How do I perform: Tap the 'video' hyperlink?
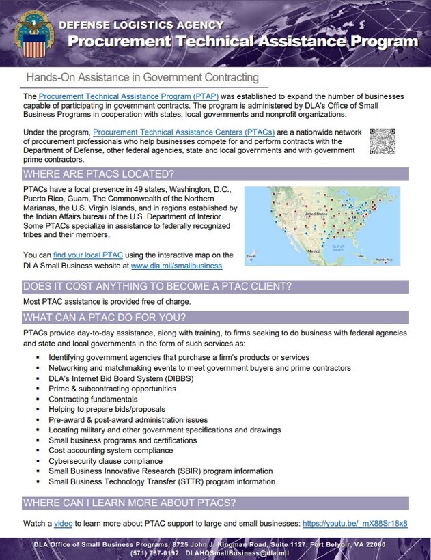(63, 523)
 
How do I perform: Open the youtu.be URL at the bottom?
(354, 523)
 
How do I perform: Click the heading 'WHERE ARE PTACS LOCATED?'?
(98, 173)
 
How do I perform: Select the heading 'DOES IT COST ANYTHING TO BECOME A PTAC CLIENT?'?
(157, 285)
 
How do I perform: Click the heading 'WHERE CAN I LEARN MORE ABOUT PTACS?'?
(129, 503)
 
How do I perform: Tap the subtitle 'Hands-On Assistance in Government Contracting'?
(142, 77)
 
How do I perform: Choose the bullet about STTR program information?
(162, 481)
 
